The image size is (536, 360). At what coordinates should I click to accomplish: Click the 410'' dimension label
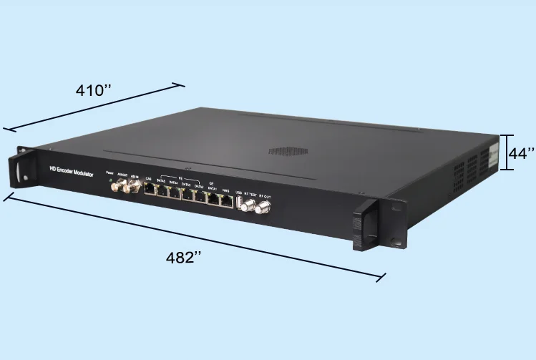[x=94, y=92]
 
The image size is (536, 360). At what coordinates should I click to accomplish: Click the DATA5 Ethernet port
[x=162, y=192]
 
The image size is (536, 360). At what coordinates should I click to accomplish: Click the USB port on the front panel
[x=239, y=201]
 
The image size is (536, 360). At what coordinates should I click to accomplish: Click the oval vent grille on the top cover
[x=288, y=152]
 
